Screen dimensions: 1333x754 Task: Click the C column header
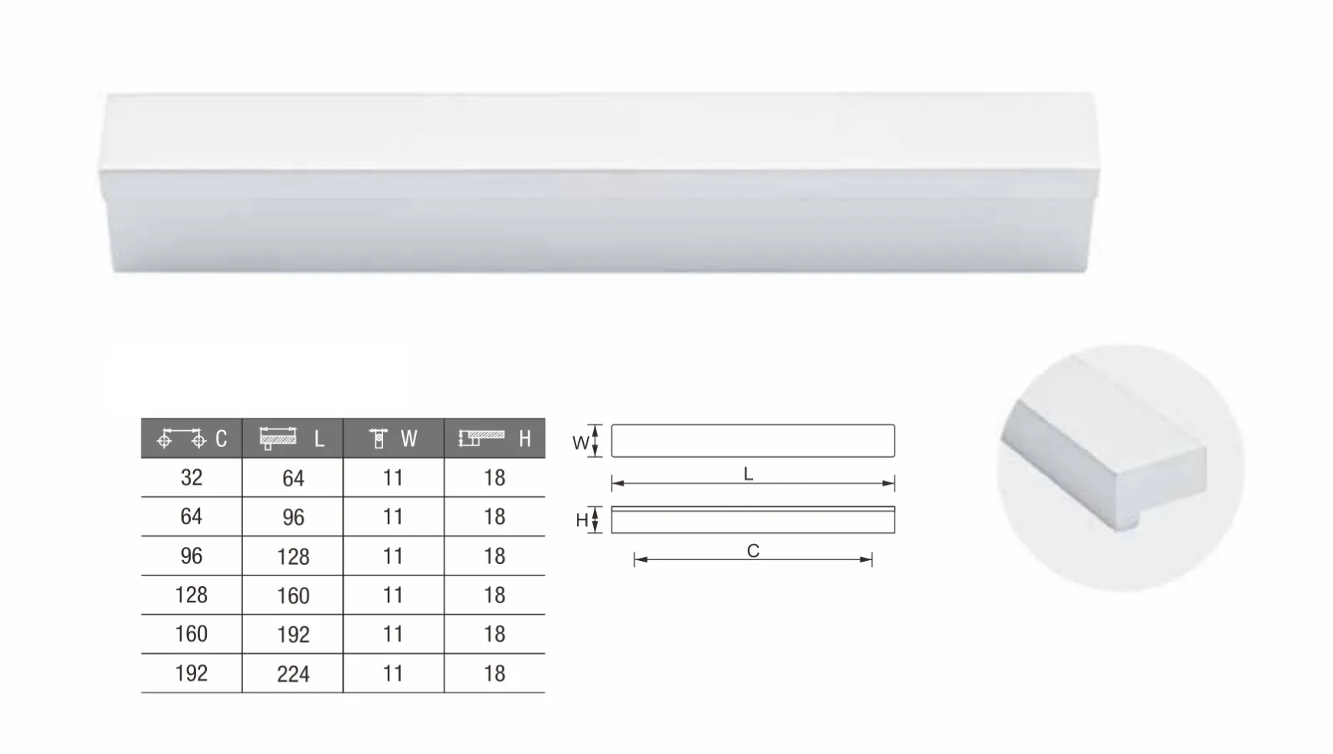click(x=192, y=439)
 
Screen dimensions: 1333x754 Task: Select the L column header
click(x=293, y=439)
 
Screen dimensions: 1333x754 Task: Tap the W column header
click(x=394, y=439)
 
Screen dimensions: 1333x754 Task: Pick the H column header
click(x=495, y=439)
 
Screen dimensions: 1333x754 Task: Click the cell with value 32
click(x=192, y=478)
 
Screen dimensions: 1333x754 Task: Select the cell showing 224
click(x=293, y=674)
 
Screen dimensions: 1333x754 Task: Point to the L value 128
click(x=293, y=556)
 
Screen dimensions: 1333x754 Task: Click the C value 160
click(x=192, y=634)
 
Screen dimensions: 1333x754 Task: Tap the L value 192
click(x=293, y=635)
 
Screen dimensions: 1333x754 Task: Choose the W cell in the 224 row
click(x=394, y=674)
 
